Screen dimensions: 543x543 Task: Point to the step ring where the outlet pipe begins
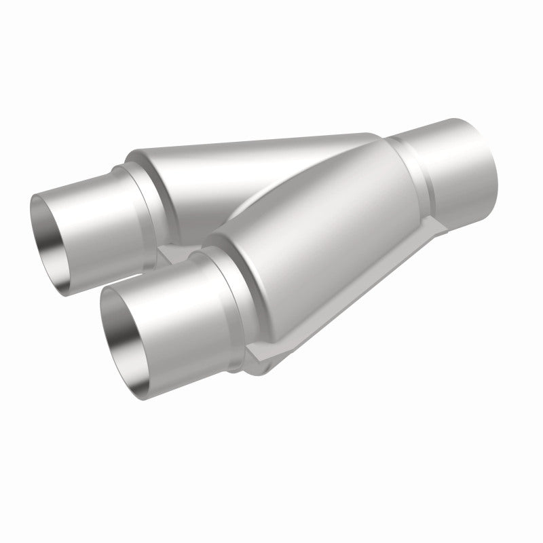414,170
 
